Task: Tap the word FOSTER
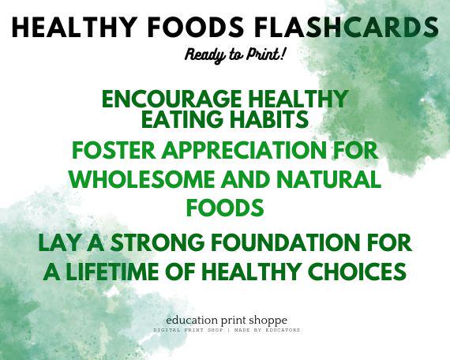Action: click(108, 150)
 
